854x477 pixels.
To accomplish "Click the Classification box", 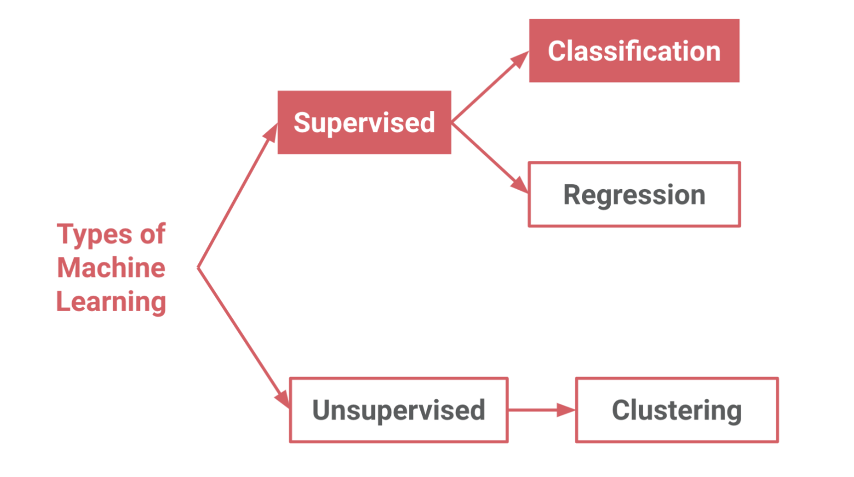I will coord(634,51).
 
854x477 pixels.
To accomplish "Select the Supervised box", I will coord(364,123).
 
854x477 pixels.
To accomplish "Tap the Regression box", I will coord(634,195).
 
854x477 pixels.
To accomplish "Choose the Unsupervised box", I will coord(399,410).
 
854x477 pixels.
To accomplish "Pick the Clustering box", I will coord(677,410).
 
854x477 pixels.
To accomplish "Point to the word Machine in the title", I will coord(111,268).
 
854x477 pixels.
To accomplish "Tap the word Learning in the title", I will coord(111,302).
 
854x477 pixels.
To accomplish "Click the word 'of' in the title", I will coord(153,234).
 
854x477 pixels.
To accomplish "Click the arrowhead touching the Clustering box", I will coord(566,410).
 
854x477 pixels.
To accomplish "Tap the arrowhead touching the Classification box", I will coord(520,59).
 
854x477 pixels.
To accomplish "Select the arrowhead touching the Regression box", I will coord(519,185).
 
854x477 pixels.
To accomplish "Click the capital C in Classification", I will coord(557,51).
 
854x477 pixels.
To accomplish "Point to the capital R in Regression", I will coord(572,195).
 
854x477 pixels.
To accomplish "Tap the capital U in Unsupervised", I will coord(321,410).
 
